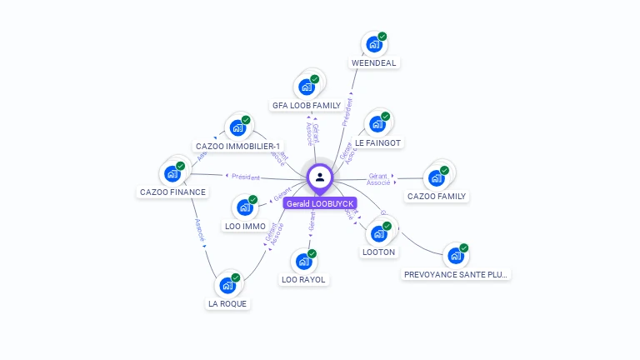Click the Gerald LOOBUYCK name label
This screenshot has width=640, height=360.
point(320,203)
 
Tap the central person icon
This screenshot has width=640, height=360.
point(320,177)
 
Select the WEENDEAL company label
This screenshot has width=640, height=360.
point(374,62)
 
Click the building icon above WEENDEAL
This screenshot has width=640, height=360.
point(374,44)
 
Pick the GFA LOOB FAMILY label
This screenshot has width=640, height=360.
point(307,105)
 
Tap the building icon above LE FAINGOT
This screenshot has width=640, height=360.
point(377,125)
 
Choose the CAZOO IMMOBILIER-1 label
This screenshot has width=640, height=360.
point(237,146)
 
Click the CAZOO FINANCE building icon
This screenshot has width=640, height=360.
point(172,173)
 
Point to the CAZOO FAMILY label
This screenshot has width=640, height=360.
point(437,196)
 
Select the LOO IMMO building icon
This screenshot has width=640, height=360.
point(245,207)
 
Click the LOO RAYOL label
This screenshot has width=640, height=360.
point(303,279)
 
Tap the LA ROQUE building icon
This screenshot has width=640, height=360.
point(227,285)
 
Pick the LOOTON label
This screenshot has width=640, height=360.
point(379,252)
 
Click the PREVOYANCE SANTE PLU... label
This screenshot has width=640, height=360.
point(456,274)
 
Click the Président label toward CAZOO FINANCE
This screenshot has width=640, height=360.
point(246,177)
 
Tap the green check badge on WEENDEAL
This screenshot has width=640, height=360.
point(382,37)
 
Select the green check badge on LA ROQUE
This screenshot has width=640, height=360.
point(236,277)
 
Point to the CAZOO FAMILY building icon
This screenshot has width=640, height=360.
point(436,177)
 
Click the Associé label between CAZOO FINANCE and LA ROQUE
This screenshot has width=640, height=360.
point(200,229)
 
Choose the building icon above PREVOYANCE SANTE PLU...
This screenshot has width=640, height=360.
point(455,256)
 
